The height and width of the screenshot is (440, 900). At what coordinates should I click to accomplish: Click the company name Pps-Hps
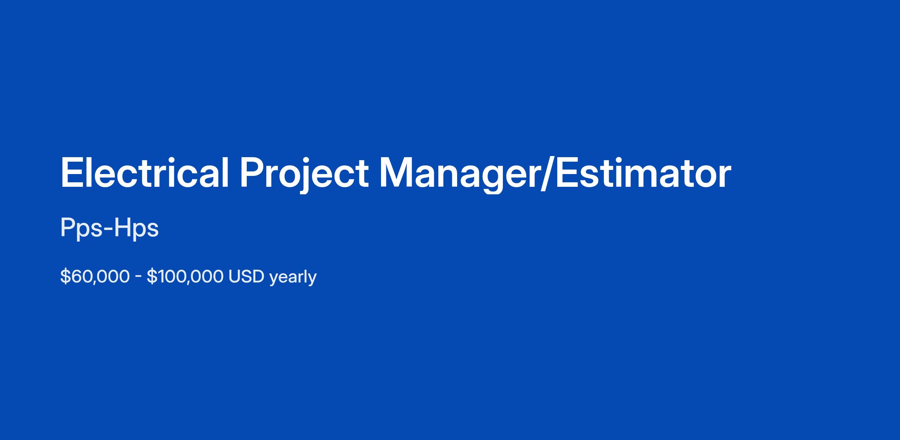109,228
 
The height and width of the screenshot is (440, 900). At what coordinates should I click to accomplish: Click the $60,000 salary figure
95,276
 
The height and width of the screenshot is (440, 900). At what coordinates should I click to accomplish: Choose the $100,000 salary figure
185,276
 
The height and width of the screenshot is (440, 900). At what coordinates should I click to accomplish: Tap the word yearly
293,278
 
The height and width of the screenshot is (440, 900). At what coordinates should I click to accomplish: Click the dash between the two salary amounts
138,278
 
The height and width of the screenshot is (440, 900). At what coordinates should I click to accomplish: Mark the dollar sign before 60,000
65,276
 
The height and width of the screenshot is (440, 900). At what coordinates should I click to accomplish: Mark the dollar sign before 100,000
152,276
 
